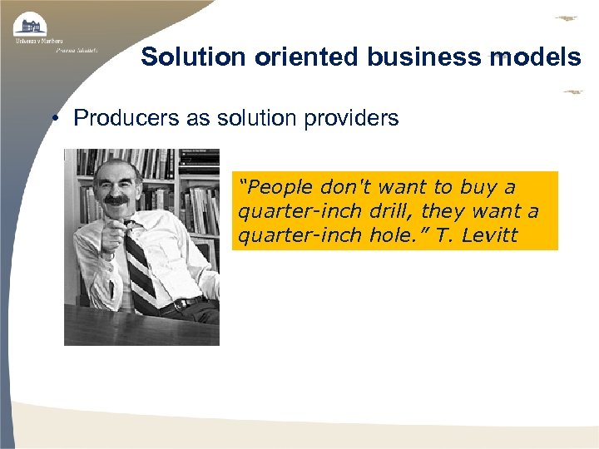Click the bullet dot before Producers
[x=52, y=118]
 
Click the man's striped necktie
[x=139, y=266]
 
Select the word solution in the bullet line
[x=254, y=118]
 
